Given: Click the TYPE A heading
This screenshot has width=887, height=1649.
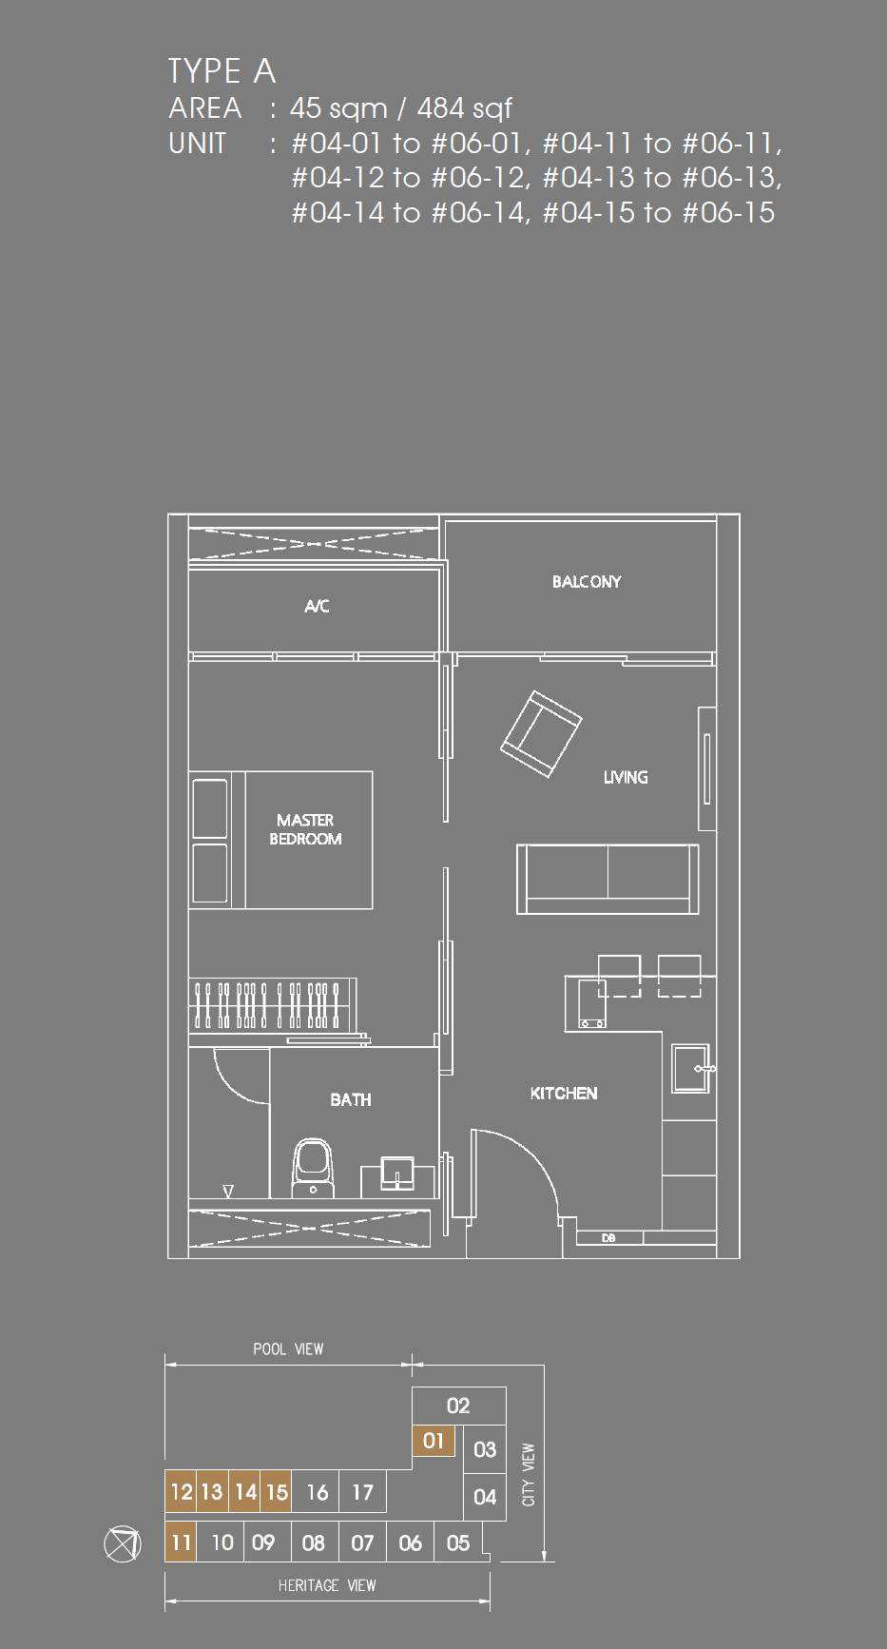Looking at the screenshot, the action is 222,71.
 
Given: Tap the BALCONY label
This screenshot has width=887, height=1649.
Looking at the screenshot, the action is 587,582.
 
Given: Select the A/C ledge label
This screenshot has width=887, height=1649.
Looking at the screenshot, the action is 317,606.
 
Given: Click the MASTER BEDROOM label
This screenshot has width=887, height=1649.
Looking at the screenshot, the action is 305,829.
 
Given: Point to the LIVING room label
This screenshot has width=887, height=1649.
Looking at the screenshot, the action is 626,777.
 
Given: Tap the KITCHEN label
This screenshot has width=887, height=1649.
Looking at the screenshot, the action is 564,1094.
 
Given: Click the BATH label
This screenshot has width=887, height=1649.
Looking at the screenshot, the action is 351,1099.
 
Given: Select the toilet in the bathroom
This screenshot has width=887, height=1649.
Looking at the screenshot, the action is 314,1169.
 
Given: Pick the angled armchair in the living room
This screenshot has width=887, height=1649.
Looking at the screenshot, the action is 541,734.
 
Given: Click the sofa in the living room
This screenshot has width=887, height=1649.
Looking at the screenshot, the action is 607,879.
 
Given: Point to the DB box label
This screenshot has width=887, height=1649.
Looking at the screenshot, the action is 608,1238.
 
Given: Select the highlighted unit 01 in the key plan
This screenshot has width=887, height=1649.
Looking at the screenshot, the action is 434,1441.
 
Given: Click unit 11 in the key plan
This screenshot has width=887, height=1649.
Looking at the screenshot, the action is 181,1542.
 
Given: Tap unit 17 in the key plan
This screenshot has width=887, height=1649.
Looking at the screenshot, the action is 362,1492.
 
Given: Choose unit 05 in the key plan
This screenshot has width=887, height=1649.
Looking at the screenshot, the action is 458,1542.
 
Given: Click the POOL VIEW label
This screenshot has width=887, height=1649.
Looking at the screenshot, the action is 288,1348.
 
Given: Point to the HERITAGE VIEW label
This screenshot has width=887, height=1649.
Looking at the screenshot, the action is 327,1585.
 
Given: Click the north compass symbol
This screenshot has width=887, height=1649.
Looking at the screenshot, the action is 122,1542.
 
